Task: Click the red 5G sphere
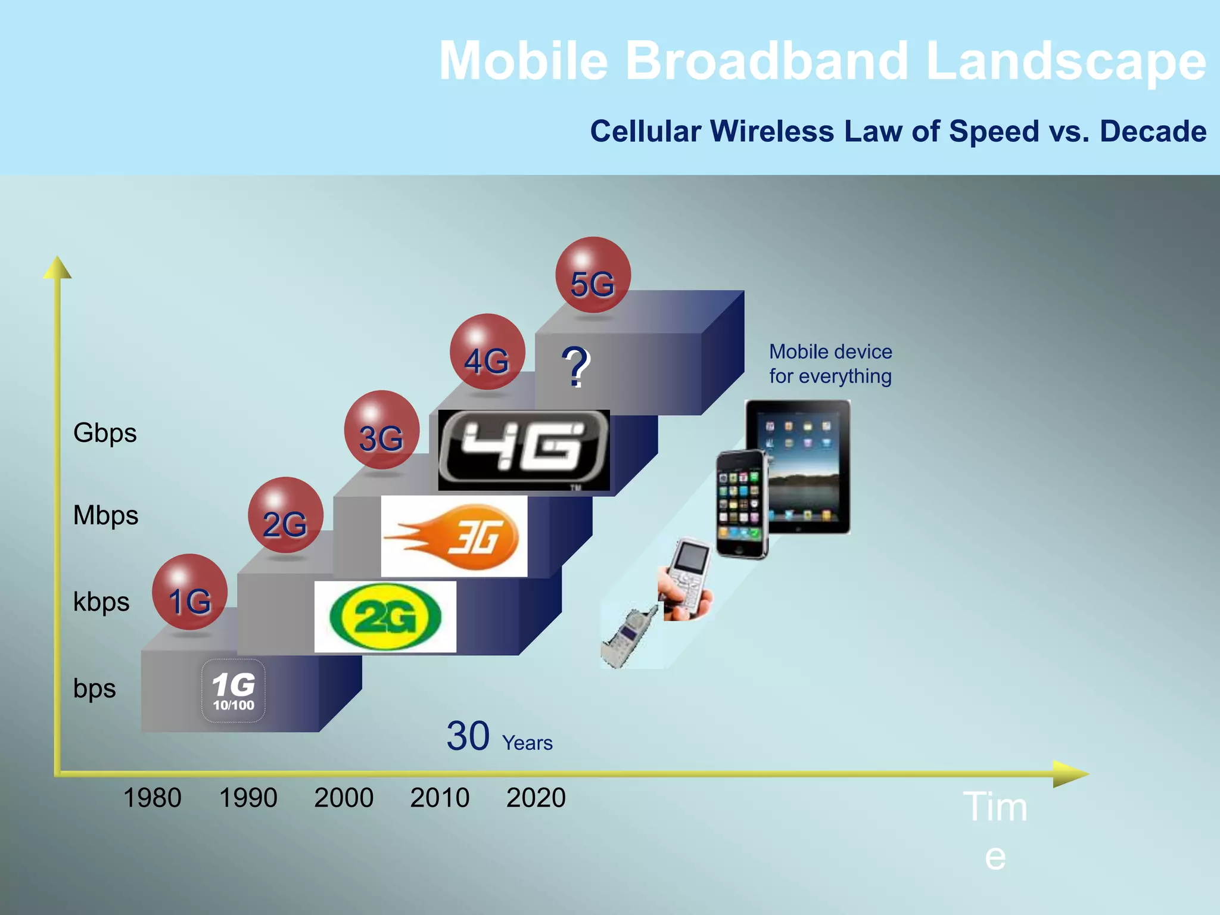[x=593, y=275]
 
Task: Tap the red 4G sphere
[x=487, y=352]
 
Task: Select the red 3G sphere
[x=382, y=430]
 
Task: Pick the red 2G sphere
[x=285, y=515]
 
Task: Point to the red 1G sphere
[x=189, y=592]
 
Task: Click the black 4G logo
[x=524, y=450]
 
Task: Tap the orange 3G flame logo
[x=454, y=536]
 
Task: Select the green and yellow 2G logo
[x=385, y=617]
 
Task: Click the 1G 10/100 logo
[x=234, y=691]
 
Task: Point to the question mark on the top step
[x=575, y=367]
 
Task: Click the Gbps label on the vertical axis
[x=105, y=433]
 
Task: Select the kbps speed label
[x=101, y=602]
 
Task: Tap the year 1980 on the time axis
[x=152, y=798]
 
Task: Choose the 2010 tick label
[x=440, y=798]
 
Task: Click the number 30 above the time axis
[x=468, y=736]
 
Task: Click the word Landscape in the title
[x=1066, y=61]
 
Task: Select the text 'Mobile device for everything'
[x=830, y=364]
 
